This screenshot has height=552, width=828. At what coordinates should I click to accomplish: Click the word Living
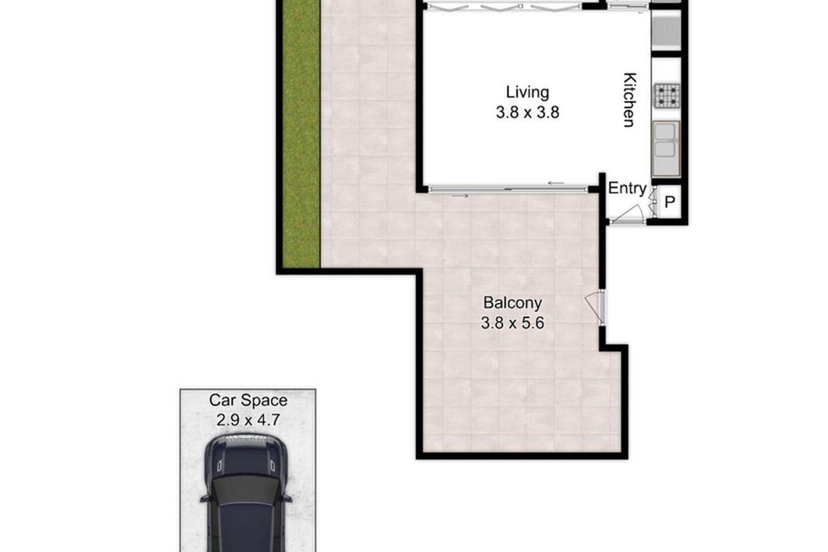click(527, 92)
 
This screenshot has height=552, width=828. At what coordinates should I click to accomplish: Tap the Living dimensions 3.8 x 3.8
click(527, 112)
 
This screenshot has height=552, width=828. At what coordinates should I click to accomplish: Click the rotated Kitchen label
click(629, 100)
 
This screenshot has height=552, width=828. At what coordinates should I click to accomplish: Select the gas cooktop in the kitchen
click(667, 96)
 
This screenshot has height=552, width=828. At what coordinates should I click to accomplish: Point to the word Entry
click(627, 189)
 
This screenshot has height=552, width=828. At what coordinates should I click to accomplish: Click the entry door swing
click(629, 215)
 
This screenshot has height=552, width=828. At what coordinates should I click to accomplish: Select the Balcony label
click(513, 302)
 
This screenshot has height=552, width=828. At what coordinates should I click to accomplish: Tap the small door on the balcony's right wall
click(595, 308)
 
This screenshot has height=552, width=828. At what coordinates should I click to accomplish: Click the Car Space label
click(248, 400)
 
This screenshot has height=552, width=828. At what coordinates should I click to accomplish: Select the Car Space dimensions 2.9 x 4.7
click(248, 419)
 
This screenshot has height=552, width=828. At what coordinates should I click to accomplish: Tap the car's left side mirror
click(205, 497)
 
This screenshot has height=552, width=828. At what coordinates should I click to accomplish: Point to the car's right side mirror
click(287, 497)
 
